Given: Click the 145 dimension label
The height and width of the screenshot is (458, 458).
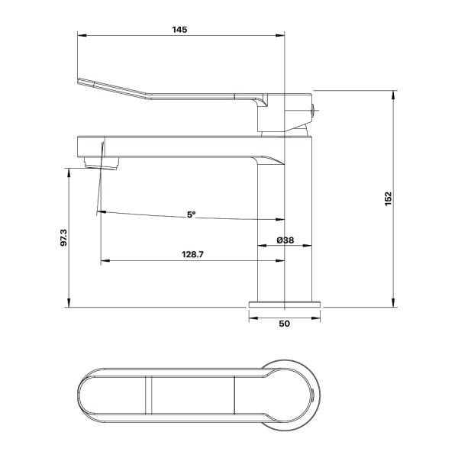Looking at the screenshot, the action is (x=179, y=30).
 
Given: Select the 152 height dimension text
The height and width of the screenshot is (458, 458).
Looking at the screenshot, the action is (x=389, y=198).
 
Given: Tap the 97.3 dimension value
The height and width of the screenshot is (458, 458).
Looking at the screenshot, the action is (x=63, y=237).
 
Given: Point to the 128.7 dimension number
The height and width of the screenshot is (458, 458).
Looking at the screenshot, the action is (x=192, y=254).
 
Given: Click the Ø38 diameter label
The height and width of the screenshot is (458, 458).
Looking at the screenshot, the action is (x=285, y=240).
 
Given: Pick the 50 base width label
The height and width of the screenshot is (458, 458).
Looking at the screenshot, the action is (x=285, y=324).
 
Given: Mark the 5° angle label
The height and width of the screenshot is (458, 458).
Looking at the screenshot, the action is (x=191, y=214).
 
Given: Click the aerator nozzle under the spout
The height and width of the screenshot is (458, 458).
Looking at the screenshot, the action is (x=102, y=163).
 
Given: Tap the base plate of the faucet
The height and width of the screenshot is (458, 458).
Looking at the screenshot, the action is (x=285, y=305).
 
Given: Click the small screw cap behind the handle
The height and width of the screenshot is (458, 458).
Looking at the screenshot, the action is (x=314, y=111).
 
